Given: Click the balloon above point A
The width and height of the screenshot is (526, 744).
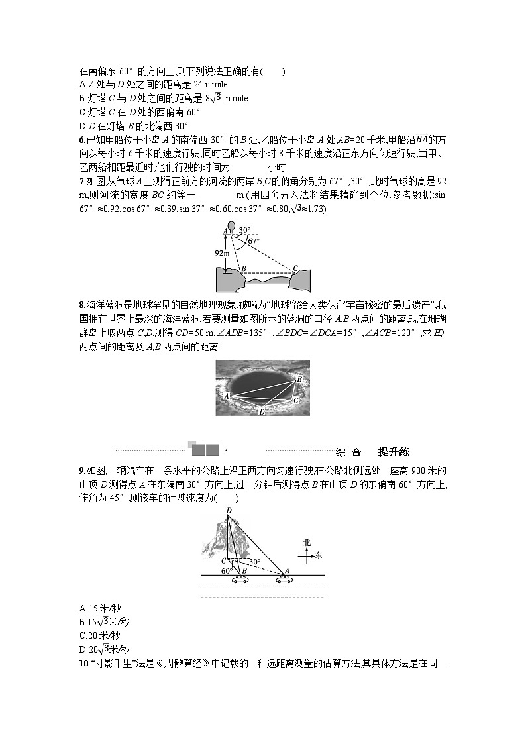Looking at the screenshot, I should (x=231, y=225).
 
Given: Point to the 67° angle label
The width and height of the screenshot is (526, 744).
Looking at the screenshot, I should (x=253, y=242).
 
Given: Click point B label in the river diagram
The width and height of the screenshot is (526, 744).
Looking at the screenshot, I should (x=244, y=268).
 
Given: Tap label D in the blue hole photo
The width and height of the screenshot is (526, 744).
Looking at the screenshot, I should (x=262, y=411).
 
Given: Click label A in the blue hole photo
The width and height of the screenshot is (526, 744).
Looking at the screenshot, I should (x=227, y=396).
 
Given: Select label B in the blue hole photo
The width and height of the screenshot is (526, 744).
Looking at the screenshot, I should (x=299, y=378).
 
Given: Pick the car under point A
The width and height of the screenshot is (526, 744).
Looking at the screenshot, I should (x=284, y=578).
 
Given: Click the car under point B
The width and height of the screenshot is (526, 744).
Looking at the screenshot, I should (x=239, y=578).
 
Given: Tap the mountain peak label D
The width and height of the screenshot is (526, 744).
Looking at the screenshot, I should (x=229, y=510).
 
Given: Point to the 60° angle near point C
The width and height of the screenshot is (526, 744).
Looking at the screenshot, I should (x=226, y=570).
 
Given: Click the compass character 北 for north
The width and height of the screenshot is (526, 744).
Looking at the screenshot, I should (x=307, y=543).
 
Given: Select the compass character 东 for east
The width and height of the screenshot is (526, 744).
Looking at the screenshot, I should (x=319, y=556).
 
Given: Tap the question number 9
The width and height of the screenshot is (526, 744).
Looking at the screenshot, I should (x=81, y=470).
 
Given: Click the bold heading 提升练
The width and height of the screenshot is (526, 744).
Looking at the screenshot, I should (x=394, y=452).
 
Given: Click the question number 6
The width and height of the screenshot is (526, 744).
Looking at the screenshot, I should (x=81, y=140).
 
